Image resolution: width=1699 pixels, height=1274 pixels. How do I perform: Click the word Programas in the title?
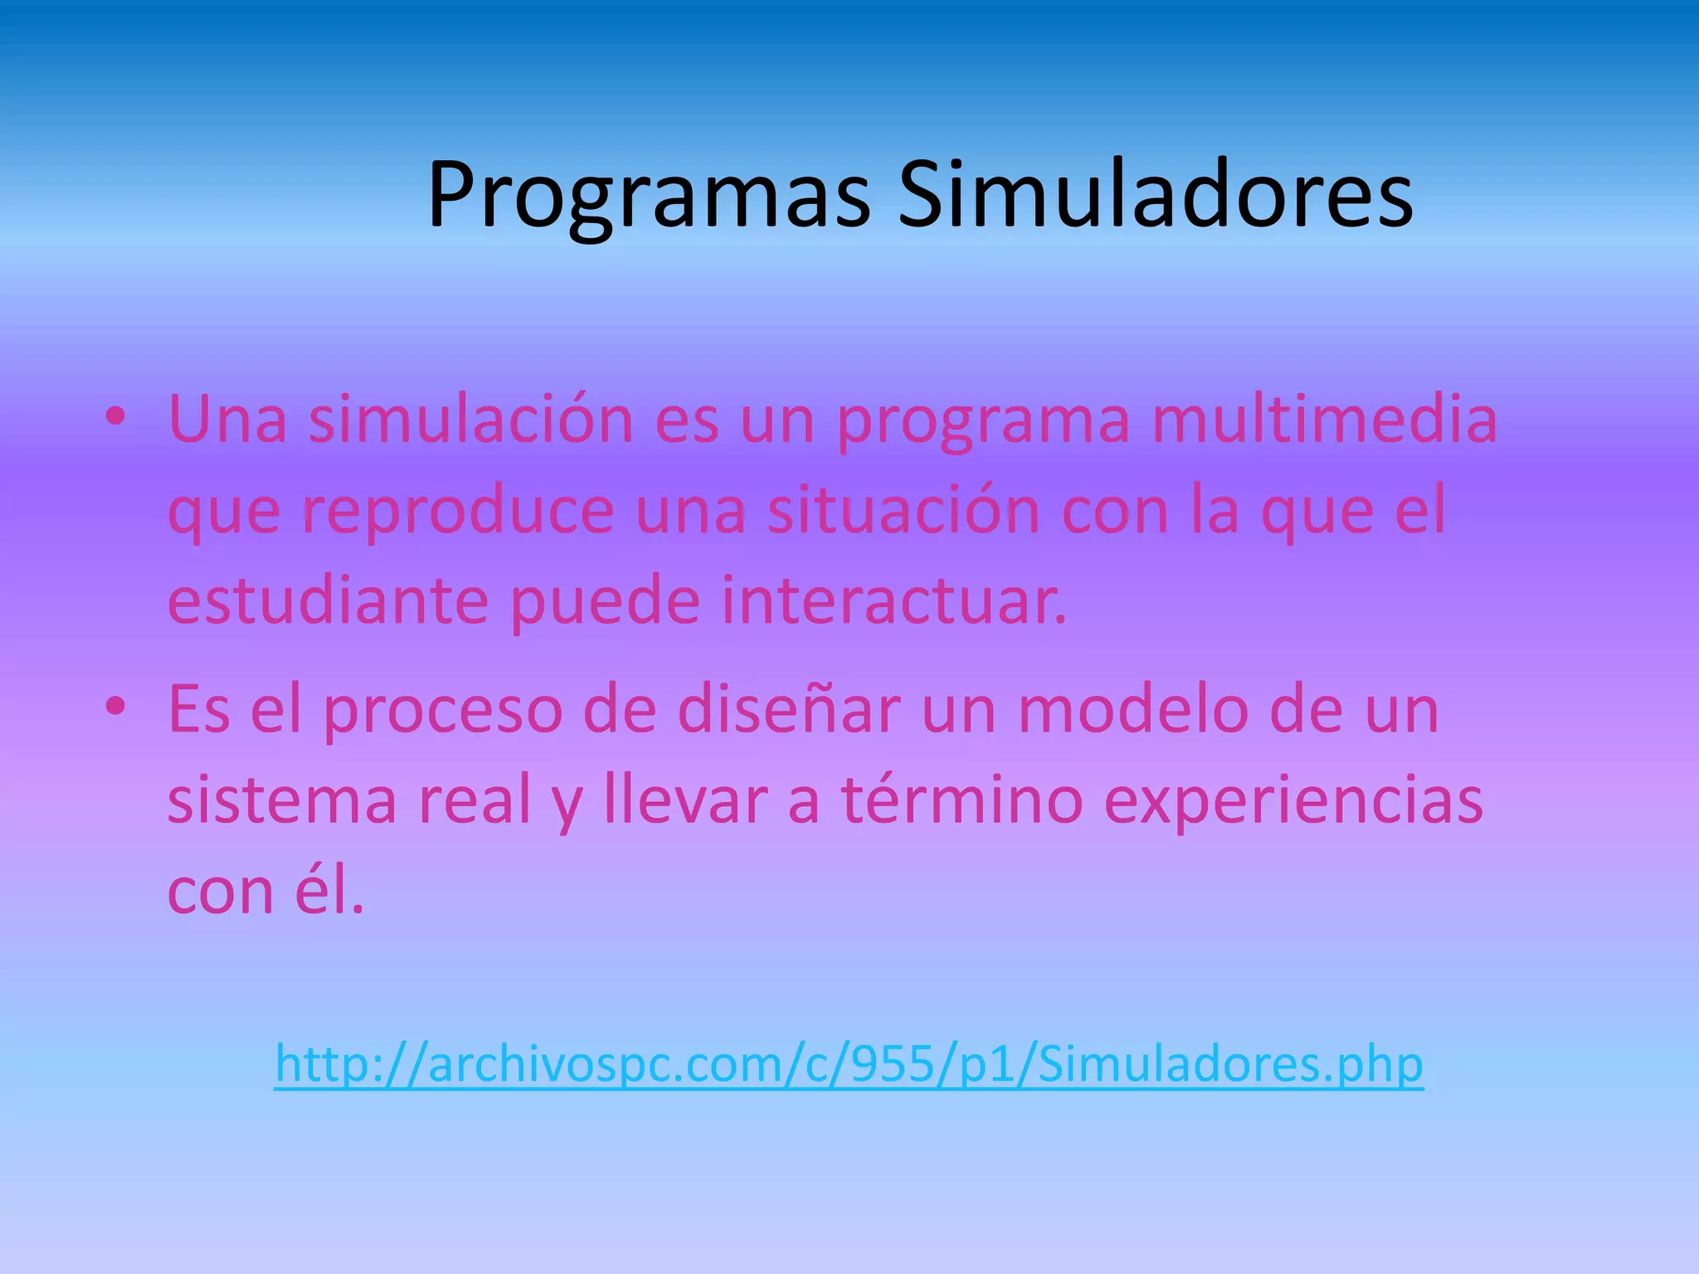[x=648, y=197]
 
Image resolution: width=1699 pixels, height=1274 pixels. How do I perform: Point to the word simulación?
[x=471, y=420]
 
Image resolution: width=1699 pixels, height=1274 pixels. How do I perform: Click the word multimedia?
[x=1324, y=420]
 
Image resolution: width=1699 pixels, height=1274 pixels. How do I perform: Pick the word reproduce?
[x=457, y=511]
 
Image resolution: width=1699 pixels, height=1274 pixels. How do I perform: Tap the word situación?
[x=903, y=511]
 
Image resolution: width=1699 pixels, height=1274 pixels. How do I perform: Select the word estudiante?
[x=328, y=601]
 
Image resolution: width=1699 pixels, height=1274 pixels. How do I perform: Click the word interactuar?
[x=893, y=601]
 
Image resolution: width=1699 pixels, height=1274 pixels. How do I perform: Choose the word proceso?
[x=442, y=710]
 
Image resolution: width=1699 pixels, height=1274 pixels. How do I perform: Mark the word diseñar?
[x=788, y=710]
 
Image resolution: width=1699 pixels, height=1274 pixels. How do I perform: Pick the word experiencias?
[x=1293, y=802]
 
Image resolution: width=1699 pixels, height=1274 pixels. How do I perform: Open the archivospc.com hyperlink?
[x=849, y=1064]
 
